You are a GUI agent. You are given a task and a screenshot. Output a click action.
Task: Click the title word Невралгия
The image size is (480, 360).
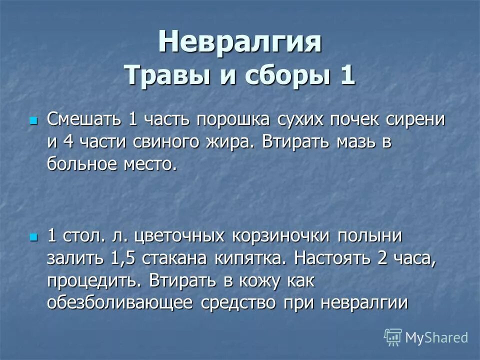click(x=240, y=42)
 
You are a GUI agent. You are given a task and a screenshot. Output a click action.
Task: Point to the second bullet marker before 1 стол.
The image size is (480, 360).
click(x=34, y=236)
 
